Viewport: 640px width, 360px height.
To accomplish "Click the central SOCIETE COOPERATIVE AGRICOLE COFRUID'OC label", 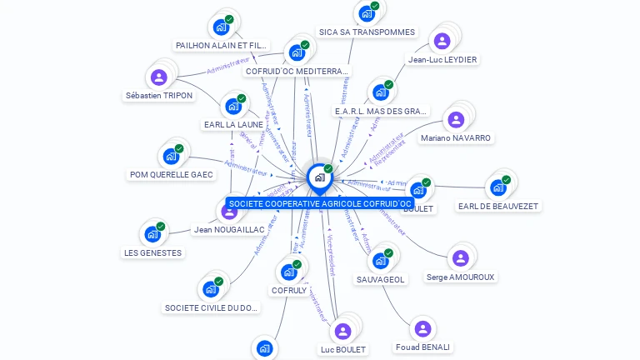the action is pyautogui.click(x=320, y=204).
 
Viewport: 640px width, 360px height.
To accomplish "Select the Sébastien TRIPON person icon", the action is pyautogui.click(x=158, y=78).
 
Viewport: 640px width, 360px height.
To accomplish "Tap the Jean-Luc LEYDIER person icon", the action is pyautogui.click(x=442, y=42).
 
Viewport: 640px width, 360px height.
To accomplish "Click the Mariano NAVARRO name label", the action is pyautogui.click(x=456, y=137).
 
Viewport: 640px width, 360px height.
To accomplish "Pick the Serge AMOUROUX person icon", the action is pyautogui.click(x=460, y=258).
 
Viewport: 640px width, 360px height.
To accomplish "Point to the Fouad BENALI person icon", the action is pyautogui.click(x=422, y=329).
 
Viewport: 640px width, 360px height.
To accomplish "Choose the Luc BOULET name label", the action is pyautogui.click(x=343, y=349).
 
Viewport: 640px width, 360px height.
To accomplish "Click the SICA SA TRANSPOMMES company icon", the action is pyautogui.click(x=366, y=14).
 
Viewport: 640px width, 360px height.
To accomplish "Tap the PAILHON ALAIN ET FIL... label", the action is pyautogui.click(x=222, y=45).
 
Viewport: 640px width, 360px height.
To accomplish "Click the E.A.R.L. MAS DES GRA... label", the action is pyautogui.click(x=381, y=111).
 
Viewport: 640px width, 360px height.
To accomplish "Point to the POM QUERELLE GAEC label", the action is pyautogui.click(x=172, y=175).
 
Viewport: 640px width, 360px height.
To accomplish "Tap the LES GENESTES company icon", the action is pyautogui.click(x=152, y=235).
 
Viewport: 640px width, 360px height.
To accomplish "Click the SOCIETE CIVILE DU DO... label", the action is pyautogui.click(x=212, y=308).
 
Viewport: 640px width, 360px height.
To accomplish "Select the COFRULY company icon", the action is pyautogui.click(x=288, y=272).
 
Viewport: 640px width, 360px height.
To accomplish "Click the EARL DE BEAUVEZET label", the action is pyautogui.click(x=498, y=206).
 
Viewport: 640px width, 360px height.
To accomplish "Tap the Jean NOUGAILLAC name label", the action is pyautogui.click(x=229, y=229).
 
